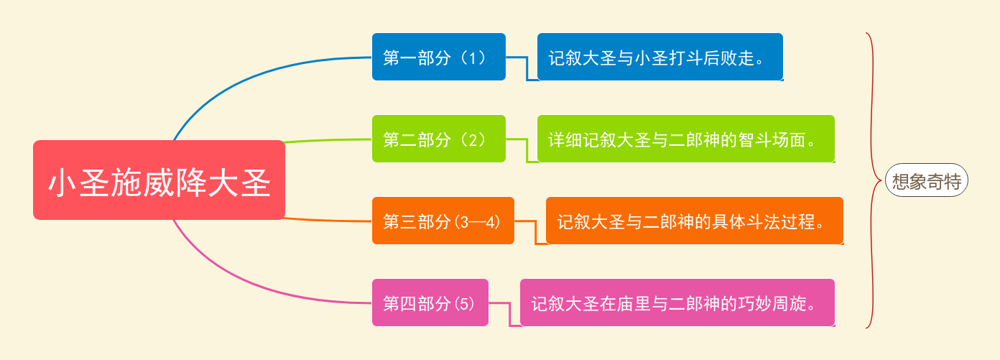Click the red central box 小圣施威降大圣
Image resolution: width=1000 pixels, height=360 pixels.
159,180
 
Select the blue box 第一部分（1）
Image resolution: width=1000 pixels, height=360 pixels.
439,57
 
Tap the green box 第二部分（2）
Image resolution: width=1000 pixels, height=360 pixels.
439,139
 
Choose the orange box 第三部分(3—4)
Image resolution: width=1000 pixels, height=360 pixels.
443,221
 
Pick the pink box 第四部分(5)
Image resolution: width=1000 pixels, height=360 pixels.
430,303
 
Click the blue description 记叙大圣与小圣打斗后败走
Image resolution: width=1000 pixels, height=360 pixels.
659,57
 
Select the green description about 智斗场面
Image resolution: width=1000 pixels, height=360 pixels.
686,139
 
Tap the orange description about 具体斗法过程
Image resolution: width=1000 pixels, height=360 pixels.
695,221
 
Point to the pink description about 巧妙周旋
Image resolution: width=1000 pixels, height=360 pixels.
677,303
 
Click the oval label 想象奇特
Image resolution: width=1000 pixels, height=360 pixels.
926,180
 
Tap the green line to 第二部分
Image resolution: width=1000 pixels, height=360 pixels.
328,140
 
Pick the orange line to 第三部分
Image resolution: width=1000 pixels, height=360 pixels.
328,220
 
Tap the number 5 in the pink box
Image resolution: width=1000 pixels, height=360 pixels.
464,304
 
